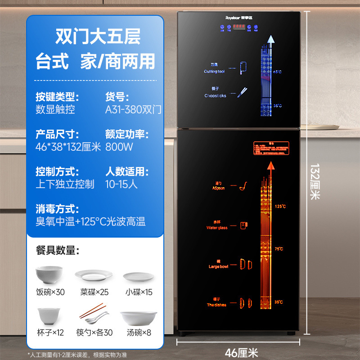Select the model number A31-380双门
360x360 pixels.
(x=133, y=109)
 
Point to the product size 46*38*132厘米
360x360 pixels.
(x=69, y=147)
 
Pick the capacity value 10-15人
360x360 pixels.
(x=121, y=184)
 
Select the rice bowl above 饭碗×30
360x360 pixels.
(x=50, y=274)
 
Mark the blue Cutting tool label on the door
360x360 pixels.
(x=214, y=72)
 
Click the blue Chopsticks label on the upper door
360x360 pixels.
(x=215, y=96)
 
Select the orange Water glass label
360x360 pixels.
(x=217, y=228)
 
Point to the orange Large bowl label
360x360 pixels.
(x=218, y=266)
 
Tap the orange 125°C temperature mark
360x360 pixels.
(x=280, y=206)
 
